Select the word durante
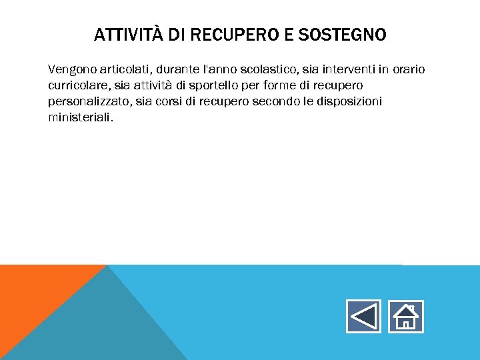click(178, 69)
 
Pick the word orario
click(409, 69)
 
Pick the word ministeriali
click(80, 117)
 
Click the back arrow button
click(363, 316)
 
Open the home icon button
click(406, 316)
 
